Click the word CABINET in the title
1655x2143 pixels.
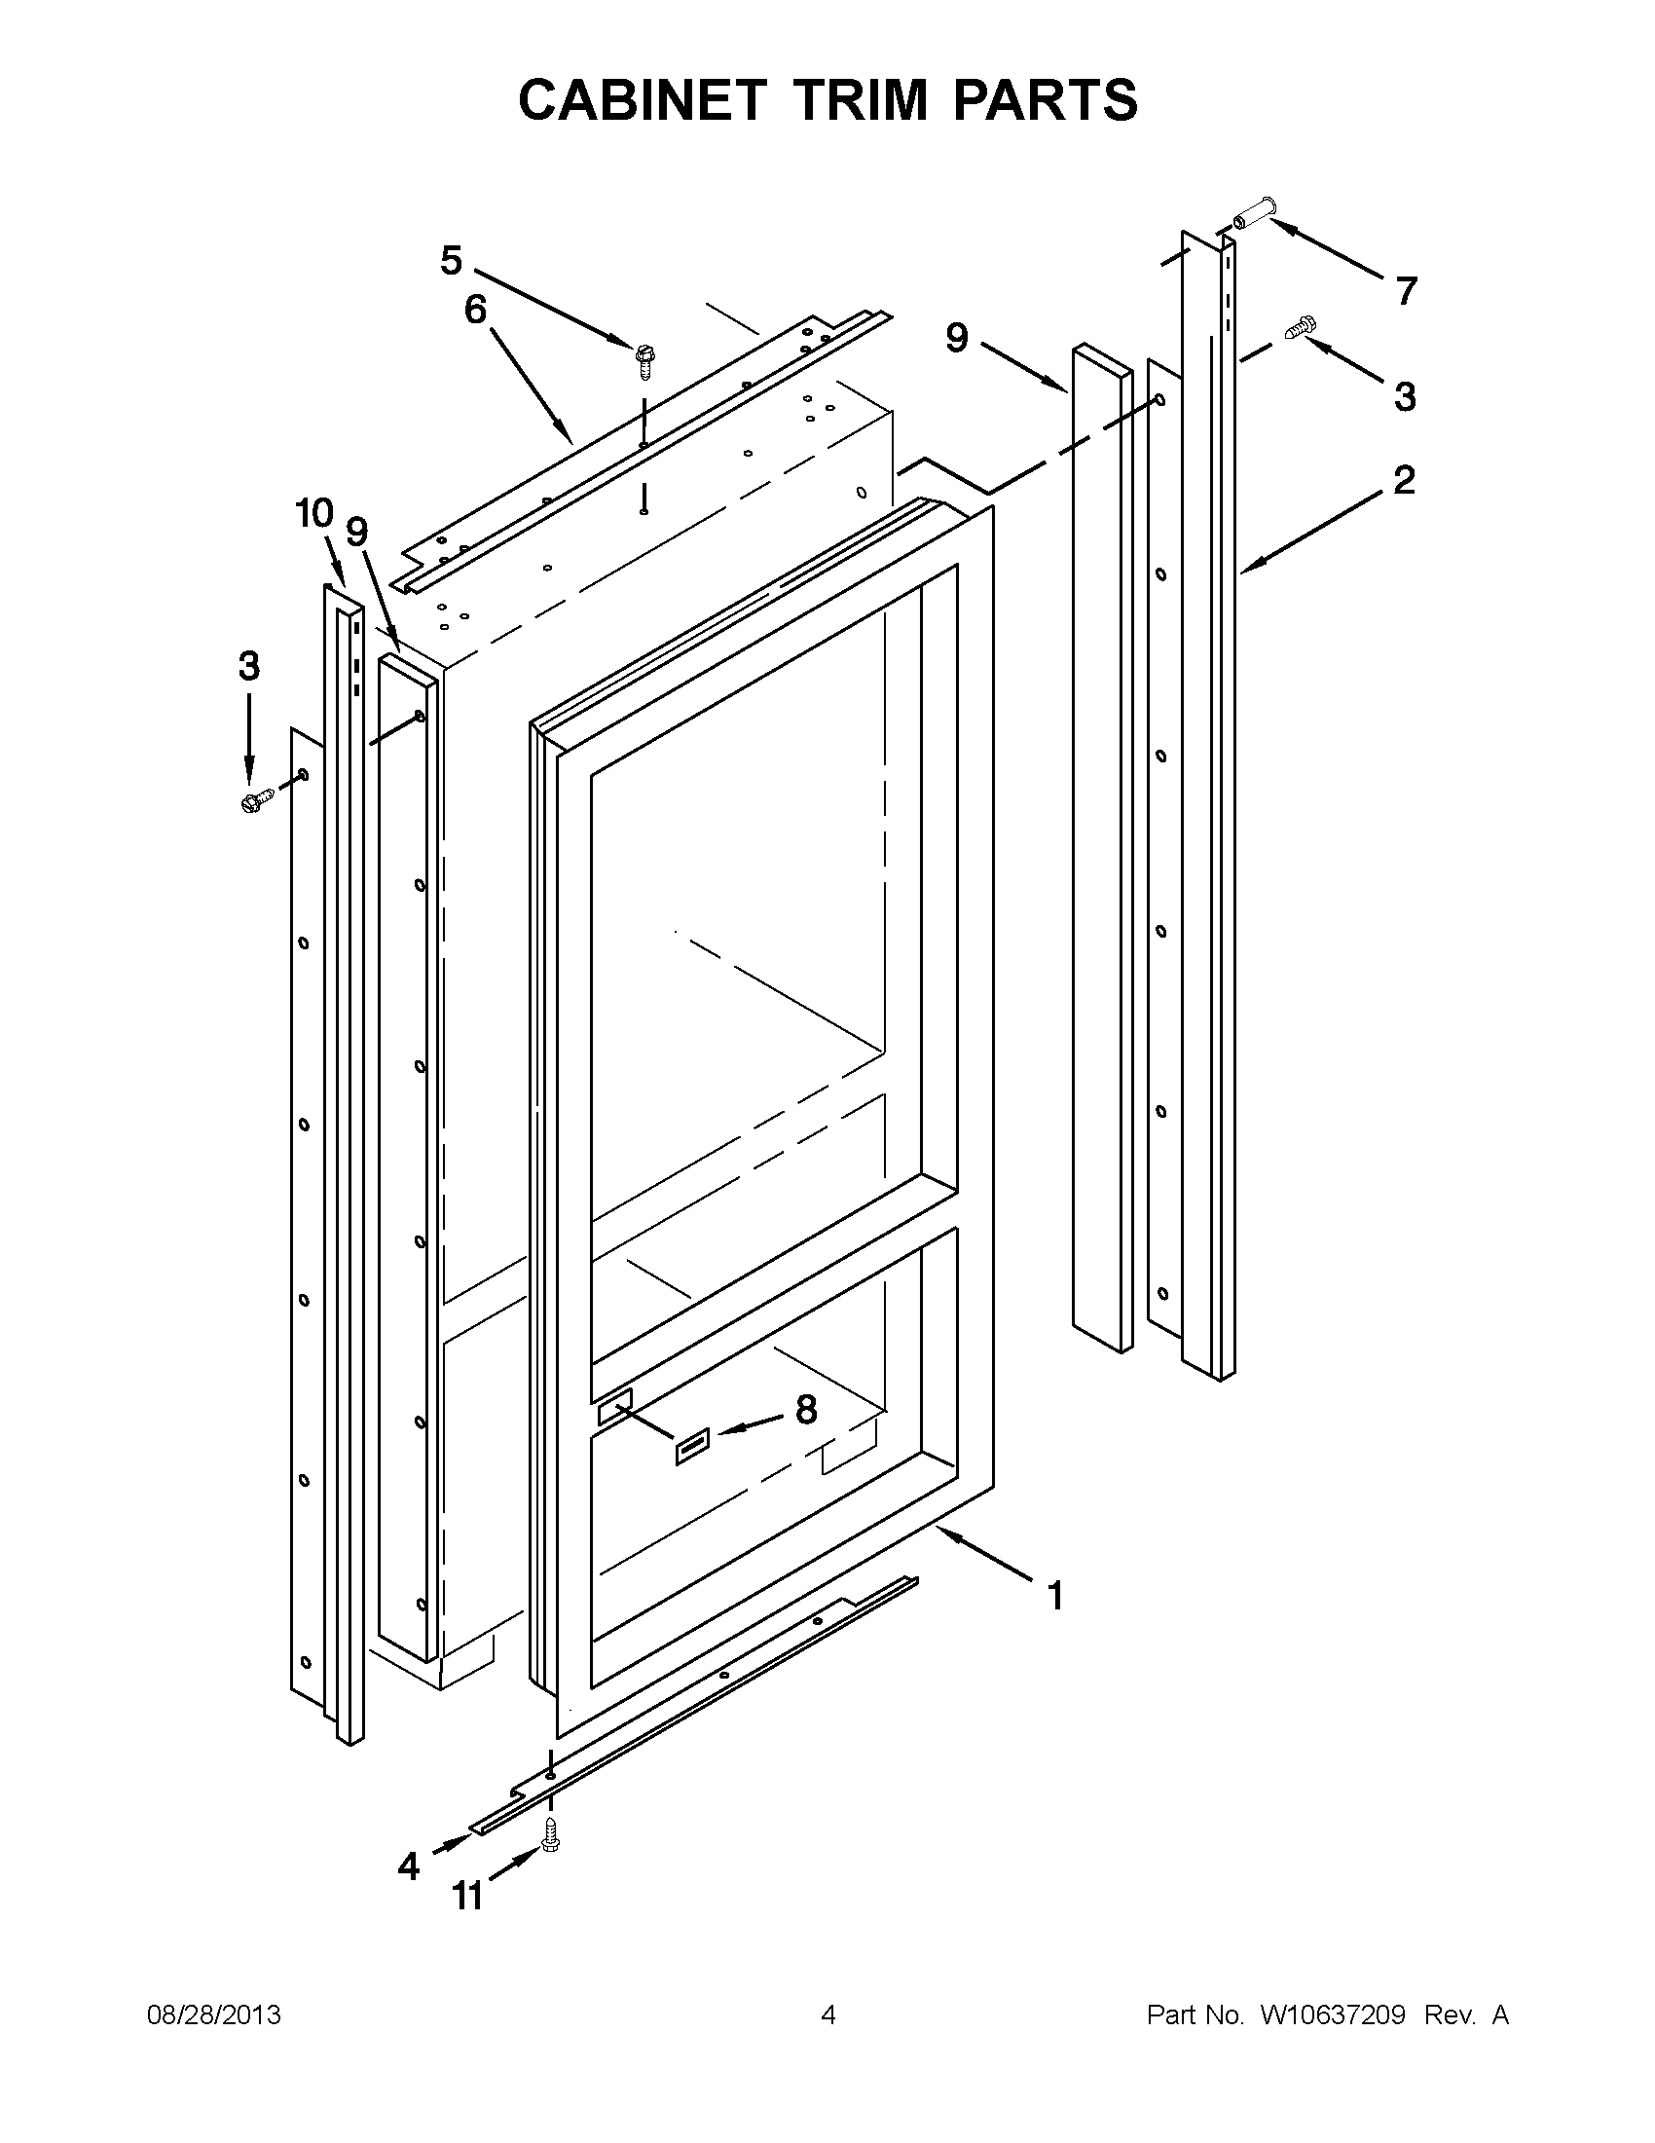tap(641, 100)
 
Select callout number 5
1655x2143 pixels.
tap(451, 261)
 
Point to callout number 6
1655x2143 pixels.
tap(475, 310)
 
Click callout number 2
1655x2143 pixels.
tap(1404, 480)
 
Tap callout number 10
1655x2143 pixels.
tap(314, 512)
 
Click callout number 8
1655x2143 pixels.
tap(805, 1410)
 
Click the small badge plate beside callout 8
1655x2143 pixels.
tap(690, 1447)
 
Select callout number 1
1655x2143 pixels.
tap(1055, 1597)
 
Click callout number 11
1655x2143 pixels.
tap(468, 1897)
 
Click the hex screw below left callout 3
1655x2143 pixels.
tap(253, 800)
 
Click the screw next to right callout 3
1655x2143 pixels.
tap(1300, 327)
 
